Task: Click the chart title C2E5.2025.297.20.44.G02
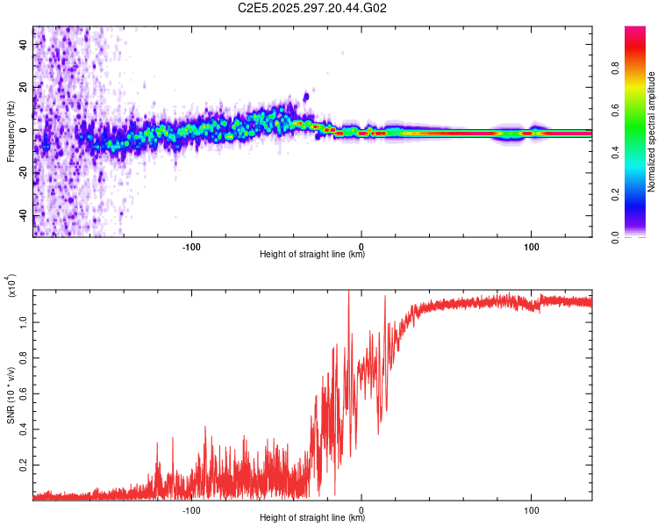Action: (x=313, y=8)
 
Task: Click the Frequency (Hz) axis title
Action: (x=11, y=132)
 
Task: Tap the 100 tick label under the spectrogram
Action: (x=531, y=245)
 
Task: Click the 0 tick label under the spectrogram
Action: (x=361, y=245)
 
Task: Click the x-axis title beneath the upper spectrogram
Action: (x=312, y=255)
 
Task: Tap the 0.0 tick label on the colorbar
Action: (x=641, y=236)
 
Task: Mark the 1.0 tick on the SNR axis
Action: (x=23, y=322)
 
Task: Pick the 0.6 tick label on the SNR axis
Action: (x=23, y=392)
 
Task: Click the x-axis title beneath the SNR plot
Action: (x=312, y=518)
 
